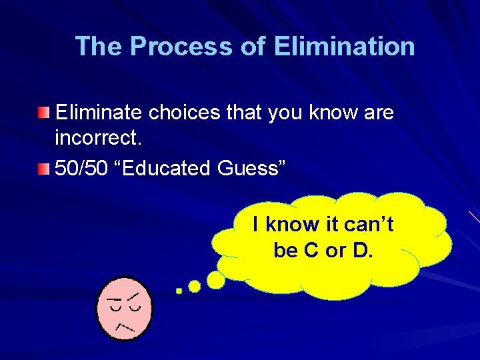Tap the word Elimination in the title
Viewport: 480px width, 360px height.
coord(344,47)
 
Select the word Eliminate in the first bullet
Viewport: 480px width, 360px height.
coord(99,113)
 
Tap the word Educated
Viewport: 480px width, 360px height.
coord(167,168)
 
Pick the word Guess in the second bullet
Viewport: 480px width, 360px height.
coord(251,168)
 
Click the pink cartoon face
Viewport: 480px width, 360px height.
coord(124,307)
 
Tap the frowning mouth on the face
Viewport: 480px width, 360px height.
coord(125,326)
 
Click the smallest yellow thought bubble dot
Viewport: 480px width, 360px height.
coord(179,291)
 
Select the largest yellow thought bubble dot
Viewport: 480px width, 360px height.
coord(215,280)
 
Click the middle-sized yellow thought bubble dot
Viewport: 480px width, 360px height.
coord(195,286)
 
